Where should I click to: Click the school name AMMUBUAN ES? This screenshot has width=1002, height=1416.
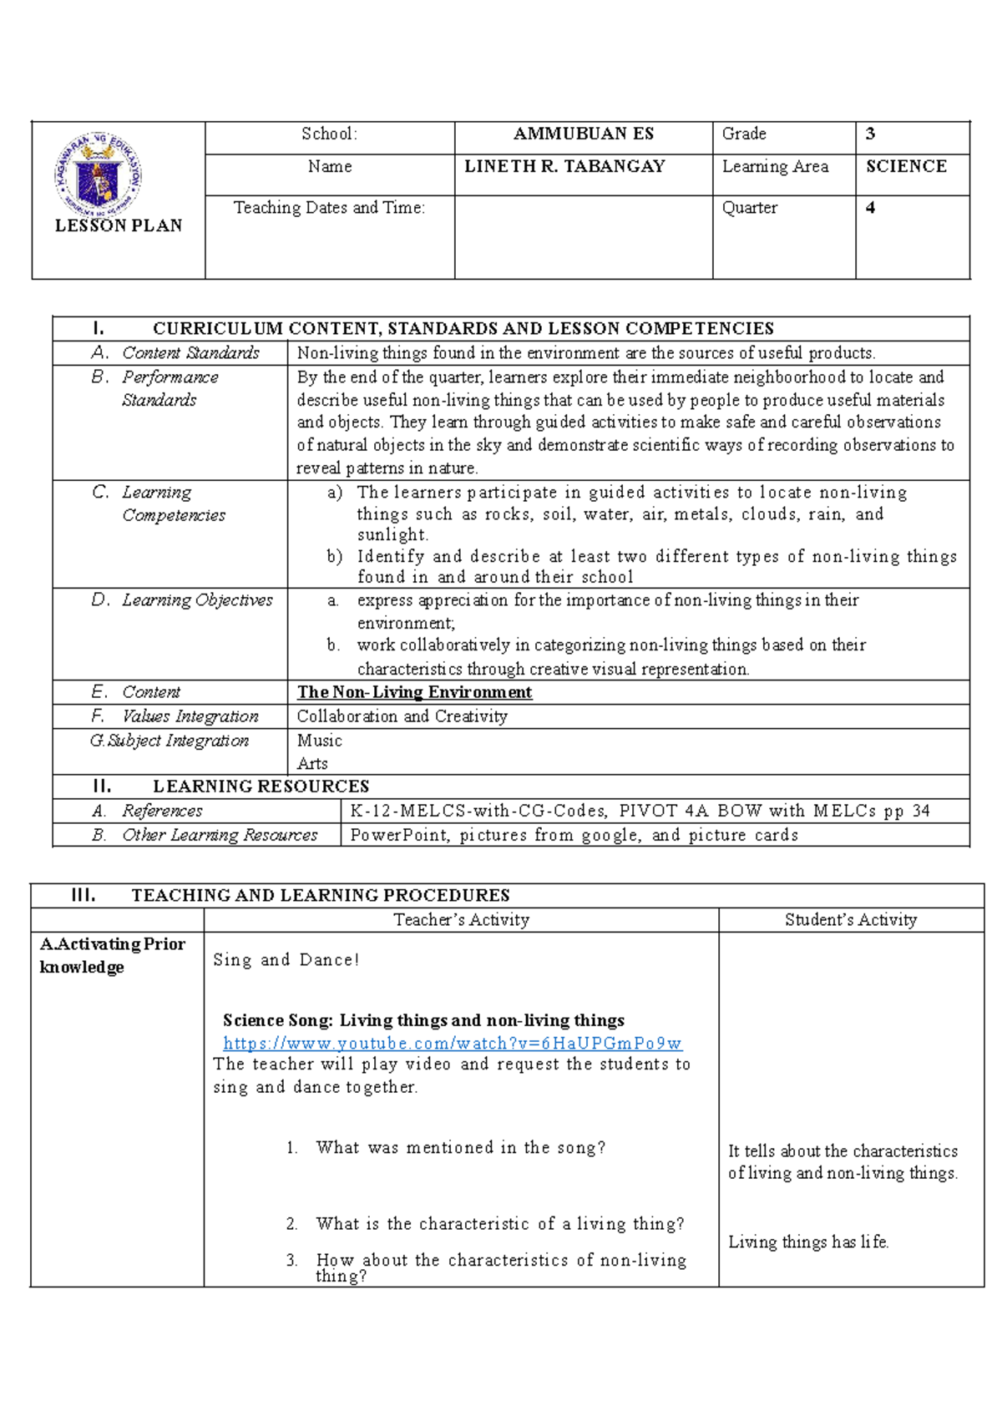pos(583,134)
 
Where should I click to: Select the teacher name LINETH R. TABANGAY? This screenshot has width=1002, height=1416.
pos(564,166)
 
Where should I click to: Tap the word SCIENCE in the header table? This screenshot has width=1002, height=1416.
pos(906,166)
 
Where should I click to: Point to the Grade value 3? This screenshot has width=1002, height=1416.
pos(871,134)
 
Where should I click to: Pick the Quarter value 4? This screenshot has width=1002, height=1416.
pos(870,208)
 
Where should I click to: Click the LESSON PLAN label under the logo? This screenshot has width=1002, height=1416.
pos(118,225)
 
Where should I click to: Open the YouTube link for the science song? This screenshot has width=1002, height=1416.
pos(453,1043)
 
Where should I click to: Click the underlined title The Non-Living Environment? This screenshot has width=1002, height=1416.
pos(414,692)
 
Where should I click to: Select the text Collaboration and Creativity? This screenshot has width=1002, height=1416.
pos(402,716)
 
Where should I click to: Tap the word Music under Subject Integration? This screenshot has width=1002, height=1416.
pos(319,741)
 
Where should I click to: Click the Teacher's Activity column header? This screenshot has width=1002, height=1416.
pos(461,920)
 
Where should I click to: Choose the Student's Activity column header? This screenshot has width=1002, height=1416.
pos(850,920)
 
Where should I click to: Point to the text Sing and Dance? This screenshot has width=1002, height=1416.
pos(286,960)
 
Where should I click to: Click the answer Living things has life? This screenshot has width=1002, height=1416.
pos(807,1242)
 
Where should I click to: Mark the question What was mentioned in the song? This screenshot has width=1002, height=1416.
pos(460,1148)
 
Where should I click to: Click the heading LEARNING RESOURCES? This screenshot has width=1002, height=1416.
pos(261,786)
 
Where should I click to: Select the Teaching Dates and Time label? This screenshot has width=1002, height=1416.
pos(329,208)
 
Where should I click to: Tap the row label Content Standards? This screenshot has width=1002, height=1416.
pos(190,353)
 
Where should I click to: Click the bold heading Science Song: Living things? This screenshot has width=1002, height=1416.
pos(423,1020)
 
